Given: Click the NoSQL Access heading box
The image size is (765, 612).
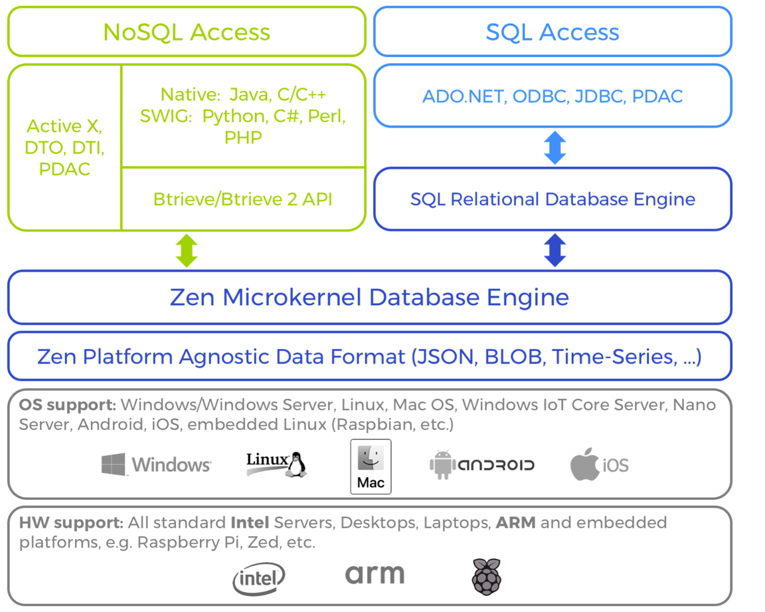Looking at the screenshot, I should pos(187,32).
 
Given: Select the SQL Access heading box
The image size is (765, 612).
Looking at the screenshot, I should pos(552,32).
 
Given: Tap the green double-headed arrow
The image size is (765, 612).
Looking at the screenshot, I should pos(187,251).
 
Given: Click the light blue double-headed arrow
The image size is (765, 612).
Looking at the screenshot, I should pos(554,148).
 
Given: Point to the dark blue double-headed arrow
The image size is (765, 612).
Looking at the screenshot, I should pos(554,251).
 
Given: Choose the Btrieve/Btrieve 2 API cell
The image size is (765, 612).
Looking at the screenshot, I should pos(243,199).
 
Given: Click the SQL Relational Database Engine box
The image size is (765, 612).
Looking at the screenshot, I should pos(552,199).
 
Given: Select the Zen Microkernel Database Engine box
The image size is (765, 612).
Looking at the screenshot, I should pos(369,297).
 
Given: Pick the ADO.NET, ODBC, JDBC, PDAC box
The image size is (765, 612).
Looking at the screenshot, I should pos(552,96).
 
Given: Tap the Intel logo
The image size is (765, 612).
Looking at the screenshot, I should pos(258,578).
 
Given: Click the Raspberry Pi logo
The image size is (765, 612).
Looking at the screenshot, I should pos(486,576).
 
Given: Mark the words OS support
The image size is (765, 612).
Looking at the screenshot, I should pos(67,405).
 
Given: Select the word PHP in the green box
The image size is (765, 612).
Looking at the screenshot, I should pos(243,138).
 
